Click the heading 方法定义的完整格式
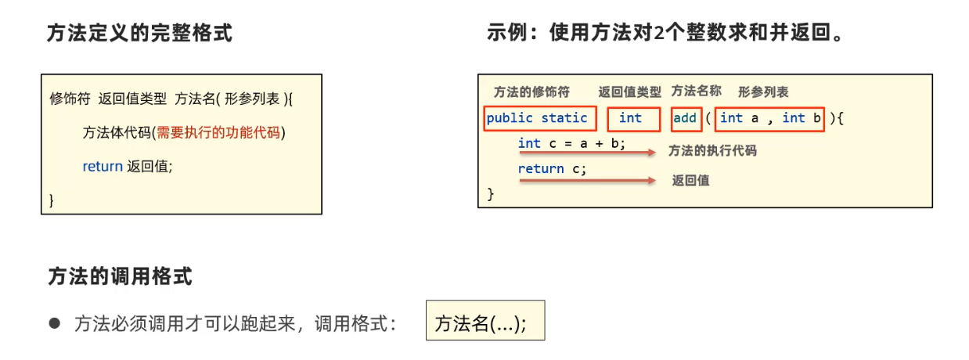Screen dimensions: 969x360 point(139,34)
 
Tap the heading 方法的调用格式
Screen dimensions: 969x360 point(119,277)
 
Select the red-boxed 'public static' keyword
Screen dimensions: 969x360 point(539,118)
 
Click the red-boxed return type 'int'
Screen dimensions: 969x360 point(629,118)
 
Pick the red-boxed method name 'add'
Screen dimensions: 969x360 point(685,118)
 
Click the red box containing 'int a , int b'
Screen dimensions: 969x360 point(769,118)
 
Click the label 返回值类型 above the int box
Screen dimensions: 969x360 point(629,92)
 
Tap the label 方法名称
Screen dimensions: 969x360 point(696,91)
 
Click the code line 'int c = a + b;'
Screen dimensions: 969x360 point(571,143)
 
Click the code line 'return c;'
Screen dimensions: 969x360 point(552,168)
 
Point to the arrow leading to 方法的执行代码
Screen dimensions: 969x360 point(587,153)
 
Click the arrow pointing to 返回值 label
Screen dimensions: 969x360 point(587,180)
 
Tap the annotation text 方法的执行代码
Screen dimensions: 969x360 point(712,150)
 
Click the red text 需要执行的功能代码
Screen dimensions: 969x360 point(218,133)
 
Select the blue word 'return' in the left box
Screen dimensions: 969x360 point(103,166)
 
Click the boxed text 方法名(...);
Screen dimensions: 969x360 point(485,322)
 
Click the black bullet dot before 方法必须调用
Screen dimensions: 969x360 point(54,322)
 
